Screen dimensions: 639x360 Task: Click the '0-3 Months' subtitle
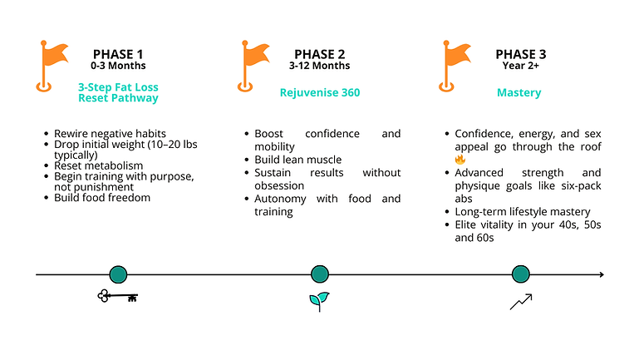(118, 66)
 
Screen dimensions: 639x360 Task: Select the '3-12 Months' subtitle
(320, 66)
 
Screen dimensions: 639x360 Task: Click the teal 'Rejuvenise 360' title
(320, 92)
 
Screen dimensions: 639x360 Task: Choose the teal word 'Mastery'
(519, 92)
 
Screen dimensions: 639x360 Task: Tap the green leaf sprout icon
(319, 300)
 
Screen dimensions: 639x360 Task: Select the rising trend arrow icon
(520, 301)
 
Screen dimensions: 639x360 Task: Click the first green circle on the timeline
(118, 274)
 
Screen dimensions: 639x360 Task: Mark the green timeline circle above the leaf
(320, 274)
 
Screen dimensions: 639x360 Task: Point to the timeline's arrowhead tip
(602, 274)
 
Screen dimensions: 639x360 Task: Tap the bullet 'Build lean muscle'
(298, 160)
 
